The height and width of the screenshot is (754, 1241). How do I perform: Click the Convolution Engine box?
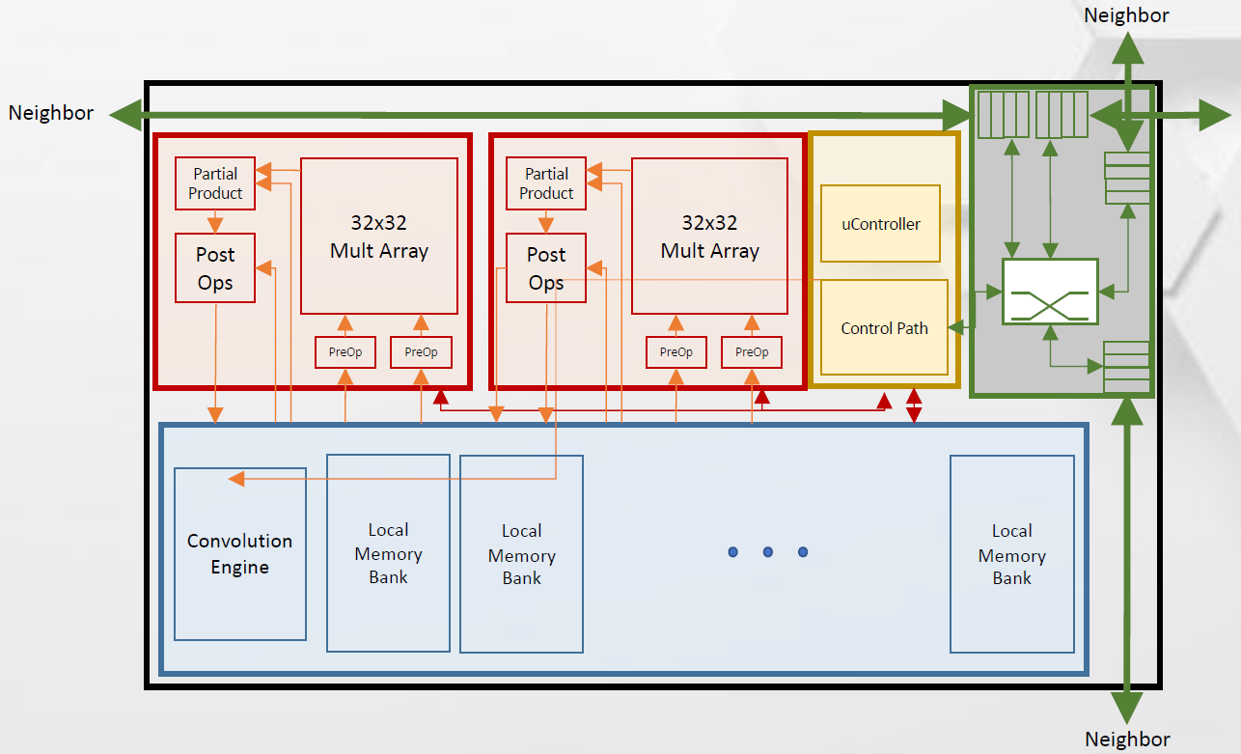(x=240, y=553)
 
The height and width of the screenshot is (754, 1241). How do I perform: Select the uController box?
(x=880, y=224)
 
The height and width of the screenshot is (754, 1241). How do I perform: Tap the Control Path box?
(x=884, y=327)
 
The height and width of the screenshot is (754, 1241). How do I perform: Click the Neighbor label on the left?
(x=51, y=113)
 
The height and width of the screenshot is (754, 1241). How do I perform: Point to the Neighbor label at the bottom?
(x=1127, y=740)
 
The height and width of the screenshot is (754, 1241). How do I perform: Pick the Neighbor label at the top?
(x=1126, y=14)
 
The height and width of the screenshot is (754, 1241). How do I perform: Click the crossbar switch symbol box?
(x=1050, y=291)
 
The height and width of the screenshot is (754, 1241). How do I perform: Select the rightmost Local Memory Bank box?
(x=1011, y=554)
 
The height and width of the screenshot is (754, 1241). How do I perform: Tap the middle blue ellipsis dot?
(x=768, y=552)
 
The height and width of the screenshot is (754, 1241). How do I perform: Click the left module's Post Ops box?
(x=215, y=267)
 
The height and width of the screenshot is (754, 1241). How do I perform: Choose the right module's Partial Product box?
(x=546, y=183)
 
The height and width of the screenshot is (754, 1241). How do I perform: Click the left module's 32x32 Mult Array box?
(x=379, y=236)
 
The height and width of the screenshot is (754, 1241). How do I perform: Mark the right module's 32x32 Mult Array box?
(x=710, y=236)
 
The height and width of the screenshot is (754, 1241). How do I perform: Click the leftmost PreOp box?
(x=345, y=352)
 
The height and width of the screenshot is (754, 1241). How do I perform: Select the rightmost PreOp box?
(x=752, y=352)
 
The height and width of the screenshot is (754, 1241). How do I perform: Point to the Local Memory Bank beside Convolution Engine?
(x=388, y=553)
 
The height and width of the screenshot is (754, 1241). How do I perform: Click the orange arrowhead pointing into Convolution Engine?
(x=235, y=478)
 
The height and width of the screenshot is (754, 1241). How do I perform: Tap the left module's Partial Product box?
(x=215, y=183)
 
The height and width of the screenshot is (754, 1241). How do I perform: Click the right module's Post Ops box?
(x=546, y=267)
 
